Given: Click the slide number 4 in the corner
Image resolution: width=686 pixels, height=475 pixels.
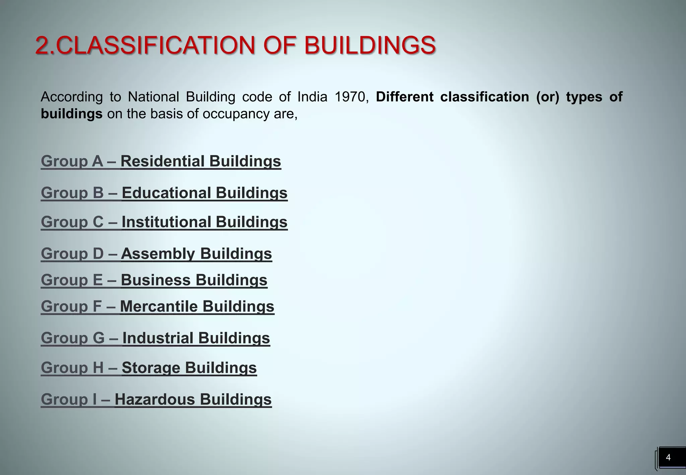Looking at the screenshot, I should [668, 457].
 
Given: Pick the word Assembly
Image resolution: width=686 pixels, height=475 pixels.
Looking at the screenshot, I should [158, 254].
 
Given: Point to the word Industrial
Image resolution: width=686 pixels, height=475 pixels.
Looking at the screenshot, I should [158, 338].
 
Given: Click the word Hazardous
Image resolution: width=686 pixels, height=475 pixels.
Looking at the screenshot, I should [155, 399].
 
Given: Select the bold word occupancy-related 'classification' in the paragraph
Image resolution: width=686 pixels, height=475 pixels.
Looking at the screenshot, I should [484, 97].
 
